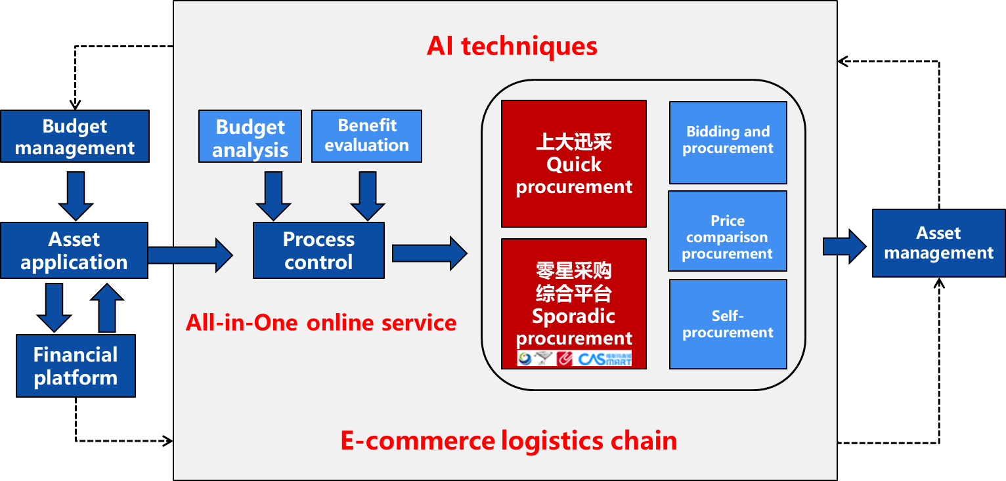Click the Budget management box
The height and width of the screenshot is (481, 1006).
(x=74, y=136)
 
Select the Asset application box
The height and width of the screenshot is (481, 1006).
(x=74, y=251)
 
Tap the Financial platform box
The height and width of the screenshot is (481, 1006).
(x=76, y=366)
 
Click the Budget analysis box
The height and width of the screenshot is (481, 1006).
(x=250, y=136)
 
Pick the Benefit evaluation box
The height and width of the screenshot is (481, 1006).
(x=366, y=136)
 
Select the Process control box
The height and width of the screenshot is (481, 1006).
(x=318, y=251)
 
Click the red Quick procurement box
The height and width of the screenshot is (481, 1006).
(x=573, y=164)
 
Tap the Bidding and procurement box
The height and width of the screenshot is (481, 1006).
(x=728, y=142)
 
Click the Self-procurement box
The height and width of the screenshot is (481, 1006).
(x=728, y=324)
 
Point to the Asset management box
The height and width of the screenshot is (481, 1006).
(x=938, y=243)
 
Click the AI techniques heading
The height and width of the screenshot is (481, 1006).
(x=512, y=47)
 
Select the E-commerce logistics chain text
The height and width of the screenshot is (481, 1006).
(x=508, y=440)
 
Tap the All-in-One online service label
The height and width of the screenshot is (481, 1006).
(x=321, y=323)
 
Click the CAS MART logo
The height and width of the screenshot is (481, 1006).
(x=604, y=359)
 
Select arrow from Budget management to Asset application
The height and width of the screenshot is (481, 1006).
(x=76, y=195)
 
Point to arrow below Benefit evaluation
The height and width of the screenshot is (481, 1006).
(x=367, y=195)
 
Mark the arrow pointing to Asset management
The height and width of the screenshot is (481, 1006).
(x=844, y=247)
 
